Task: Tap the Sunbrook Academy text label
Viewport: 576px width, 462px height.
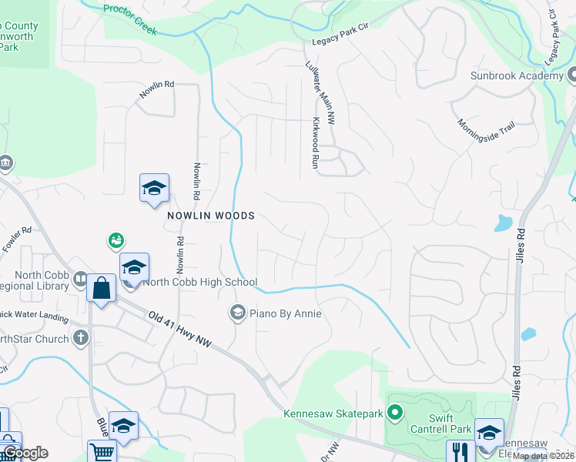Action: pos(517,75)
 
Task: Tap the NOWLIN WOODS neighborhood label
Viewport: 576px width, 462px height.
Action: pos(210,216)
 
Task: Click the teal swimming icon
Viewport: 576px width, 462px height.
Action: pos(116,242)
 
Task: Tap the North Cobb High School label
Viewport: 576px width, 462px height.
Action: pos(199,282)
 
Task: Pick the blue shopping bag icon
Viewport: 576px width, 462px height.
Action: pos(101,289)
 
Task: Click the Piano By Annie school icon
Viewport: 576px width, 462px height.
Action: pos(237,313)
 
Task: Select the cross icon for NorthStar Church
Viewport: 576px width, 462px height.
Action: pos(81,337)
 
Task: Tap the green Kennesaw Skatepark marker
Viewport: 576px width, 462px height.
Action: pos(395,414)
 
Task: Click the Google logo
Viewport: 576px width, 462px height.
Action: pos(25,453)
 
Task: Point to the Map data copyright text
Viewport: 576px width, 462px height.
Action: pos(544,456)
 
